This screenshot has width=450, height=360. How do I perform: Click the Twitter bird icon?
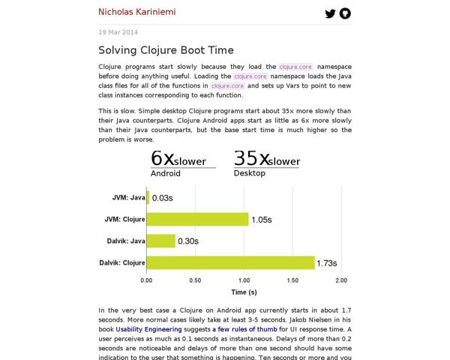tap(329, 13)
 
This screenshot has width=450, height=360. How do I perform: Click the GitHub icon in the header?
tap(345, 13)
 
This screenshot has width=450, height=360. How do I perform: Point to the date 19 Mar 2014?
tap(118, 32)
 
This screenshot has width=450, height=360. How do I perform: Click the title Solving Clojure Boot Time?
tap(166, 50)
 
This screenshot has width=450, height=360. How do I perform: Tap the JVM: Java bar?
tap(148, 197)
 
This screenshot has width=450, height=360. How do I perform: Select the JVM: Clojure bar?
tap(197, 219)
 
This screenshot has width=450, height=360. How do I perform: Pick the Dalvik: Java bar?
tap(161, 241)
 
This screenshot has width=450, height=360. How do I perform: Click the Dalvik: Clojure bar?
tap(230, 262)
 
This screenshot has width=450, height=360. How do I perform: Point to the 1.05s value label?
tap(261, 220)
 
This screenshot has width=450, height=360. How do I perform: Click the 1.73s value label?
tap(327, 263)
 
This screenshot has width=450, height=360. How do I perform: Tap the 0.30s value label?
tap(187, 241)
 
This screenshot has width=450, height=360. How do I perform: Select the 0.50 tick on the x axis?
tap(195, 280)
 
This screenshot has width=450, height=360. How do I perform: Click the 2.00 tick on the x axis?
tap(340, 280)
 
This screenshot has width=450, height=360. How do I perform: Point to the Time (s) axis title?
tap(244, 292)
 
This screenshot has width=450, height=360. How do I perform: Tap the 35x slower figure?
tap(266, 159)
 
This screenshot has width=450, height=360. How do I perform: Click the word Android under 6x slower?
tap(166, 173)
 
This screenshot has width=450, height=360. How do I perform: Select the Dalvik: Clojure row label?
tap(122, 262)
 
